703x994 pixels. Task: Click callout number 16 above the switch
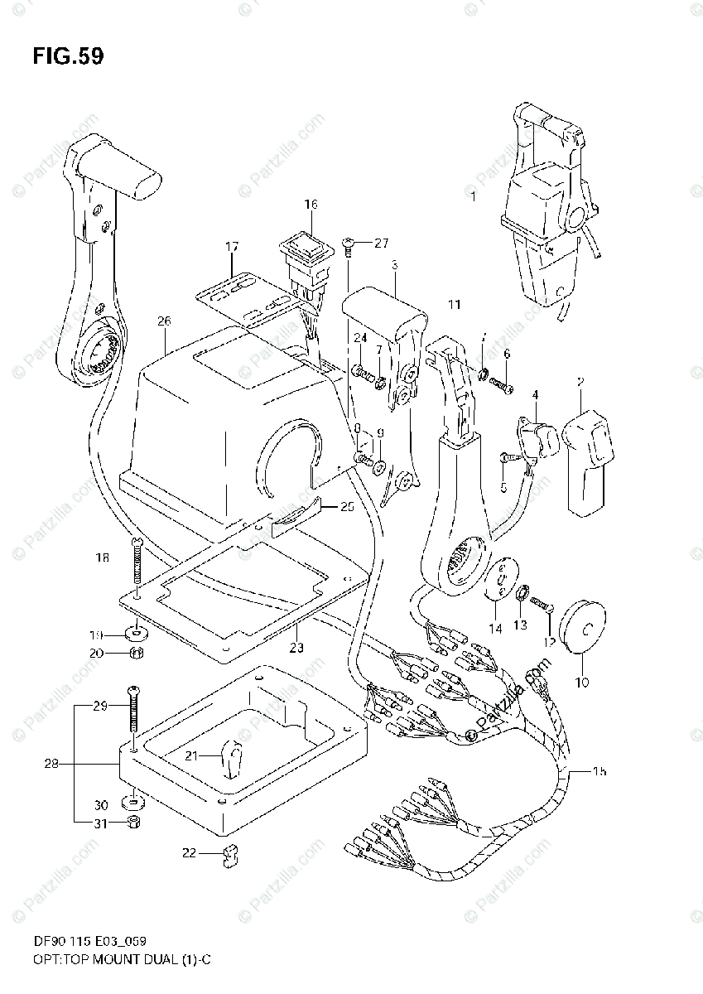tap(311, 205)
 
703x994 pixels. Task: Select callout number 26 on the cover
tap(163, 321)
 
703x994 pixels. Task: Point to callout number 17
tap(231, 246)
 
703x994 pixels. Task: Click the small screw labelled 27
tap(349, 244)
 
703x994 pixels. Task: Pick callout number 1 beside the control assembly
tap(473, 197)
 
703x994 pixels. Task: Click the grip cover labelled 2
tap(587, 457)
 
